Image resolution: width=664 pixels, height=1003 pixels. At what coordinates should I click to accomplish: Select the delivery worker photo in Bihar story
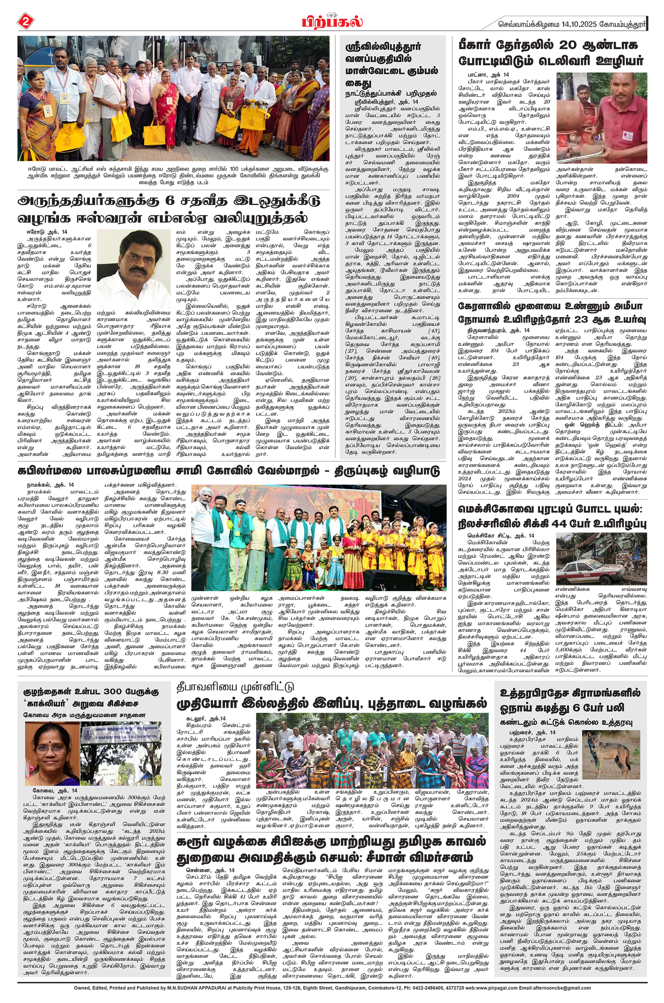pos(601,118)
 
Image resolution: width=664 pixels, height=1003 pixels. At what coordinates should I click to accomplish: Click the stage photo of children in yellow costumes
pos(318,538)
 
